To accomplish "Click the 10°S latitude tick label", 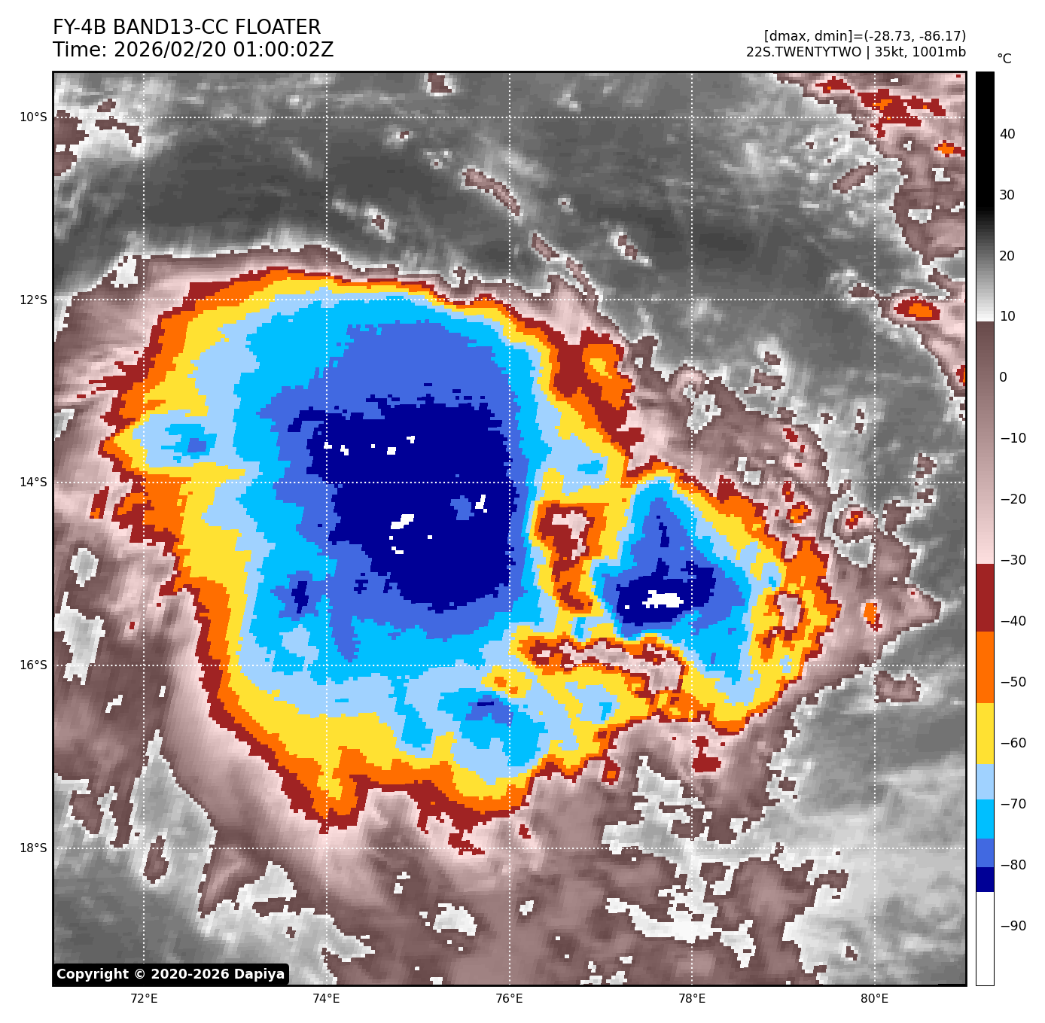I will [32, 117].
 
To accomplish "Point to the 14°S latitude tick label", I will [32, 482].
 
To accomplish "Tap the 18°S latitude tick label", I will [32, 848].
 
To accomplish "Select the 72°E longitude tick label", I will [144, 998].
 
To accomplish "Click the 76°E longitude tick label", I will [509, 998].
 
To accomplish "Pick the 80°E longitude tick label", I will [874, 998].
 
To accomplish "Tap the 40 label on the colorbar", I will [1007, 134].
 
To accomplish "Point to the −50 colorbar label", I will [1013, 682].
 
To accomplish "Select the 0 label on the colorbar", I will [1003, 377].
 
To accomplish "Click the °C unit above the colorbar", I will [1004, 59].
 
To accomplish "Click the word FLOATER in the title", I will [278, 28].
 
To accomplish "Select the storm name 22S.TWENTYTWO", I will [803, 52].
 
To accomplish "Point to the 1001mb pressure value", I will [939, 52].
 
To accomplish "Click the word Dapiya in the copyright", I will [259, 974].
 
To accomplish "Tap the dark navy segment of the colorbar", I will [985, 879].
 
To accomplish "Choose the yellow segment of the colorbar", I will [985, 734].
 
